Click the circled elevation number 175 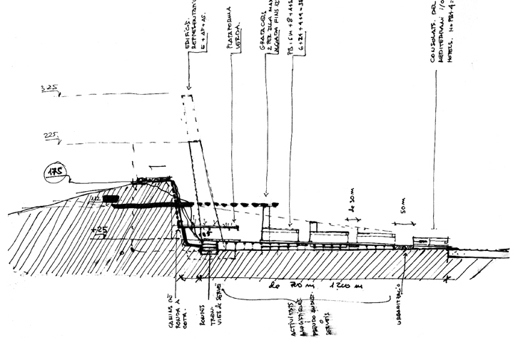54,172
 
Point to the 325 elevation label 51,89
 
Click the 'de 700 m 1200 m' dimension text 307,287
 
